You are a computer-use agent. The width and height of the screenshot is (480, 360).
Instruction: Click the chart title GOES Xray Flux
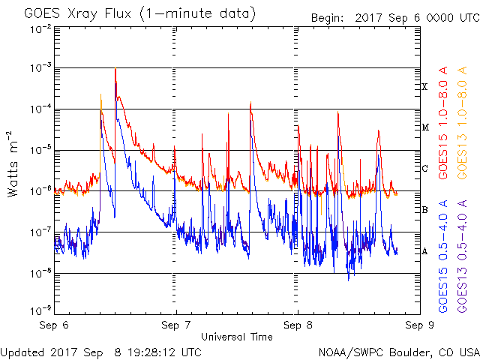pyautogui.click(x=77, y=14)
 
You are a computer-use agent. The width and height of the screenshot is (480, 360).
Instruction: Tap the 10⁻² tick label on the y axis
pyautogui.click(x=41, y=30)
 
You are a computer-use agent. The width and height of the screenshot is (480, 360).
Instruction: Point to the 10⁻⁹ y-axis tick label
pyautogui.click(x=41, y=310)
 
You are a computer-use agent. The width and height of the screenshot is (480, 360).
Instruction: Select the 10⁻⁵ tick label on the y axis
pyautogui.click(x=41, y=150)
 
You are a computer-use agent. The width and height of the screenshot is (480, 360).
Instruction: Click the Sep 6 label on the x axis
pyautogui.click(x=54, y=325)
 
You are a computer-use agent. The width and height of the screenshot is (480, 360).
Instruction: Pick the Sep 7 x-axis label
pyautogui.click(x=176, y=325)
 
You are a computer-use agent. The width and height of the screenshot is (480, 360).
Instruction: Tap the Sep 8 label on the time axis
pyautogui.click(x=298, y=325)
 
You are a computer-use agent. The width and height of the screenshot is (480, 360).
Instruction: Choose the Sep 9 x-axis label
pyautogui.click(x=420, y=325)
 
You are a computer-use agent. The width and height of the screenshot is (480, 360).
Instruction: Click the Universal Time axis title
pyautogui.click(x=237, y=337)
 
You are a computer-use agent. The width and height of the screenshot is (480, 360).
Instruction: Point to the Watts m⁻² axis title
pyautogui.click(x=12, y=164)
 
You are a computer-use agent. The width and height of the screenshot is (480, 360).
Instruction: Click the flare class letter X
pyautogui.click(x=424, y=87)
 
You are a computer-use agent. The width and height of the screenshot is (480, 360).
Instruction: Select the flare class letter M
pyautogui.click(x=425, y=127)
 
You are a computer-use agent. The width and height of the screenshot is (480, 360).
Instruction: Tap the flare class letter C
pyautogui.click(x=424, y=168)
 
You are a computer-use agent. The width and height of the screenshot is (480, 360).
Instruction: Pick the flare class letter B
pyautogui.click(x=424, y=210)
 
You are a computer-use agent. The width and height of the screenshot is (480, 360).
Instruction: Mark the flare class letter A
pyautogui.click(x=424, y=251)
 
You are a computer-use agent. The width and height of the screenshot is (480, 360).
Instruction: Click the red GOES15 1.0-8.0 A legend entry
pyautogui.click(x=443, y=123)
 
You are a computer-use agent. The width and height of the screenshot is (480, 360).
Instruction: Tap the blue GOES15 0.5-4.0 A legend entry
pyautogui.click(x=443, y=256)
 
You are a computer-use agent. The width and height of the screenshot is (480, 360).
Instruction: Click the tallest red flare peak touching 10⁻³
pyautogui.click(x=115, y=68)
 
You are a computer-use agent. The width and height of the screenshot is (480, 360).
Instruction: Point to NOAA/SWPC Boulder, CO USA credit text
pyautogui.click(x=399, y=352)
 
